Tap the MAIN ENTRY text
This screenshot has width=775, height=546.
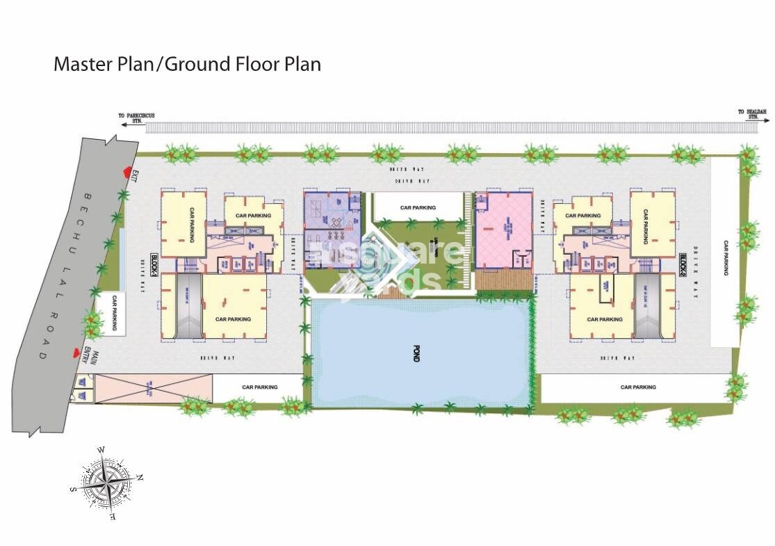point(88,355)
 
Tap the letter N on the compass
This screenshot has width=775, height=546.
point(140,477)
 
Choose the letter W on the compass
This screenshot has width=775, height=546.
point(101,450)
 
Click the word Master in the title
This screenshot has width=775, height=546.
point(82,65)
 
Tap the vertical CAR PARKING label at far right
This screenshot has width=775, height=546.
point(725,259)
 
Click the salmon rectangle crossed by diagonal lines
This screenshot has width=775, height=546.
point(152,388)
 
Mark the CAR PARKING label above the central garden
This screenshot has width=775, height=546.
point(418,207)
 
